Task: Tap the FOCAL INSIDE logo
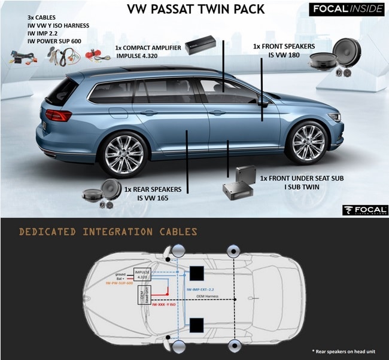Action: (x=345, y=10)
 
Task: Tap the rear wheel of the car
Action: (x=124, y=154)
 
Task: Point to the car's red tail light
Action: (x=58, y=115)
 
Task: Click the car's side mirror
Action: (x=262, y=103)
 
